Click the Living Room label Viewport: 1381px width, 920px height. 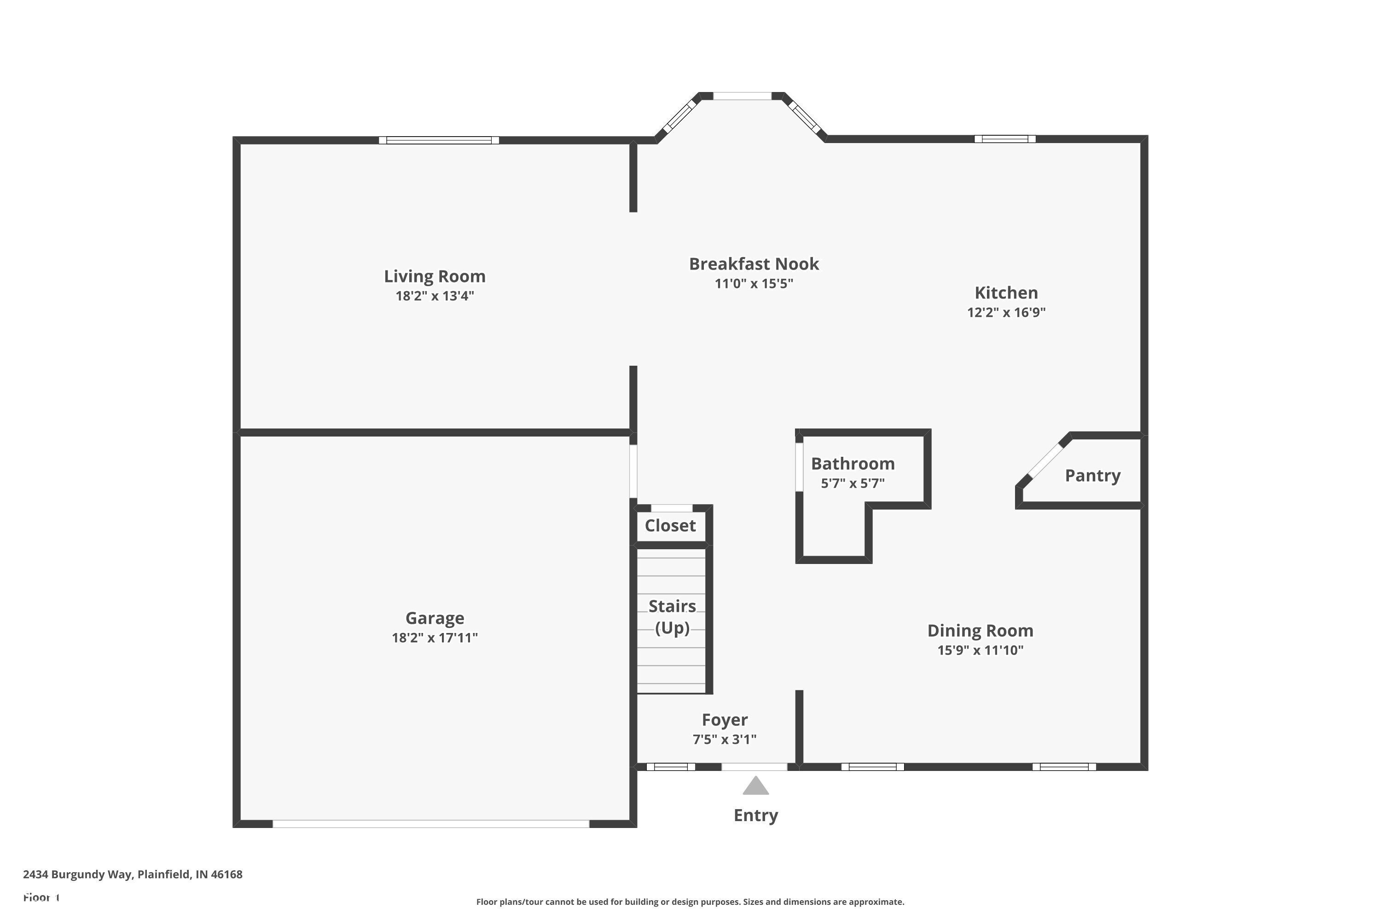(x=435, y=276)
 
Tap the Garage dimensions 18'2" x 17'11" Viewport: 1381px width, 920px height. (x=435, y=638)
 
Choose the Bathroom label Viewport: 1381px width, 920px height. (x=853, y=464)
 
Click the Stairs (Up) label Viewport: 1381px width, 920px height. (x=672, y=617)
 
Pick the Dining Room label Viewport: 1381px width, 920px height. (x=980, y=631)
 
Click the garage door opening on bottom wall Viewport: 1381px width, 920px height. (x=430, y=824)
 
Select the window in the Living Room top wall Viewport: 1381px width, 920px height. (x=439, y=140)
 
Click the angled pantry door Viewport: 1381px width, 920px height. (x=1046, y=460)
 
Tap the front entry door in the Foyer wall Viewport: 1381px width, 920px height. (x=754, y=767)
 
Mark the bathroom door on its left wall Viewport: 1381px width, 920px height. (x=799, y=467)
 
